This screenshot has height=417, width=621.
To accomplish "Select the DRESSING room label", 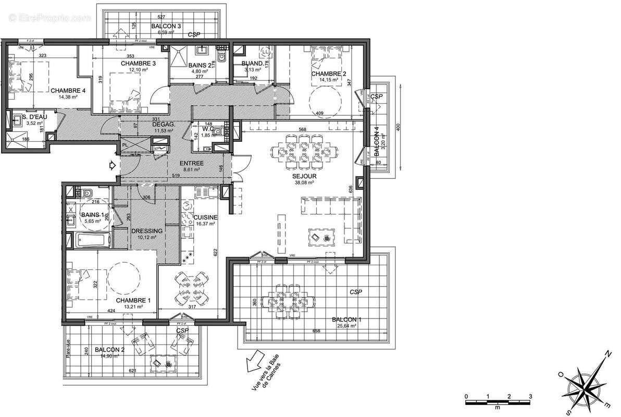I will point(147,231).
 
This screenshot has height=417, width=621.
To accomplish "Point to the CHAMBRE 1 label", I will point(133,300).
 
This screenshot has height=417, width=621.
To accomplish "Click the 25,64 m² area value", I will point(346,326).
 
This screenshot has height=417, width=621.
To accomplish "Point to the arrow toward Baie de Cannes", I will point(254,360).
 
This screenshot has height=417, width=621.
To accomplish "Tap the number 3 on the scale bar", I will point(530,396).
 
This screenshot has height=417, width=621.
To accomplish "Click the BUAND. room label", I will point(253,64).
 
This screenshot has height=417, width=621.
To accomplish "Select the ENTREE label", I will point(192,163).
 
